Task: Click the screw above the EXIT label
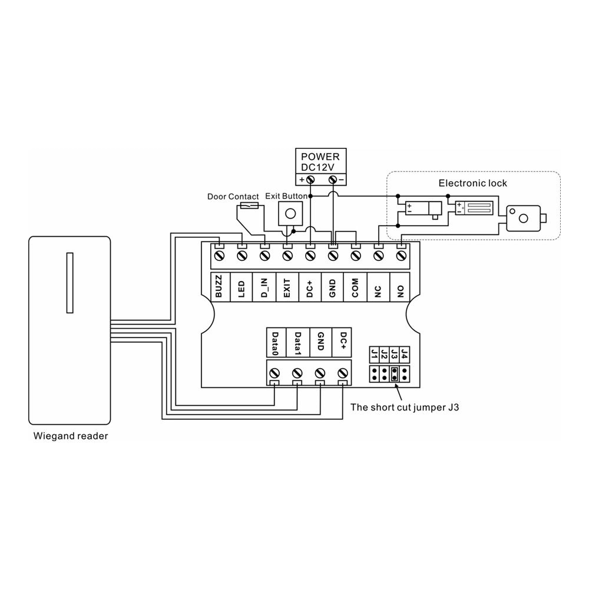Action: click(x=287, y=256)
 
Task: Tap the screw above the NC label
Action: click(x=379, y=256)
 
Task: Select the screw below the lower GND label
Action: click(x=320, y=373)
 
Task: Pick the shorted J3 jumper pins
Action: click(x=394, y=373)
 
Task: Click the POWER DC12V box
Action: click(x=320, y=161)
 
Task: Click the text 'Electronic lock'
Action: click(x=472, y=183)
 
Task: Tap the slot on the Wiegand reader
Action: click(x=70, y=283)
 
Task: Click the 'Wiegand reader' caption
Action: click(x=71, y=436)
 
